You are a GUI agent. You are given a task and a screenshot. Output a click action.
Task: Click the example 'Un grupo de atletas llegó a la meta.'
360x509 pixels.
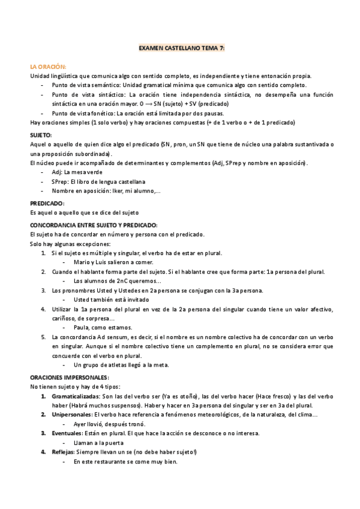[x=121, y=364]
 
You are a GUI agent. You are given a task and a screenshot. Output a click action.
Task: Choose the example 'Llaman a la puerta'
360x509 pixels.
[x=98, y=442]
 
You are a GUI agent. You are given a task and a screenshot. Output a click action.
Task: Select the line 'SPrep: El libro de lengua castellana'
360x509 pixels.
[x=98, y=182]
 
